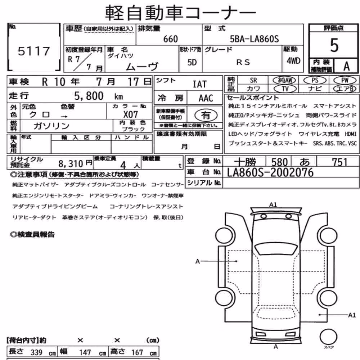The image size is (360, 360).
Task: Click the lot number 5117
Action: [x=34, y=51]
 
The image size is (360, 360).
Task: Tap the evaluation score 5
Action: [x=334, y=45]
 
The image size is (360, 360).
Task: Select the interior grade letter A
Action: [x=346, y=66]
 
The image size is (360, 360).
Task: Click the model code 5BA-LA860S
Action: [x=255, y=39]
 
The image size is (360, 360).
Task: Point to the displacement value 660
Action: [x=170, y=39]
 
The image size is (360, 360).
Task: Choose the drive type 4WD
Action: [x=293, y=61]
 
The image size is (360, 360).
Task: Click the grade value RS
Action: [x=243, y=62]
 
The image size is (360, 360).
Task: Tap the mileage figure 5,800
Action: [x=89, y=96]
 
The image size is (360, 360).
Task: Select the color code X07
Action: [x=130, y=114]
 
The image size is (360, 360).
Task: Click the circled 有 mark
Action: [x=206, y=115]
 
